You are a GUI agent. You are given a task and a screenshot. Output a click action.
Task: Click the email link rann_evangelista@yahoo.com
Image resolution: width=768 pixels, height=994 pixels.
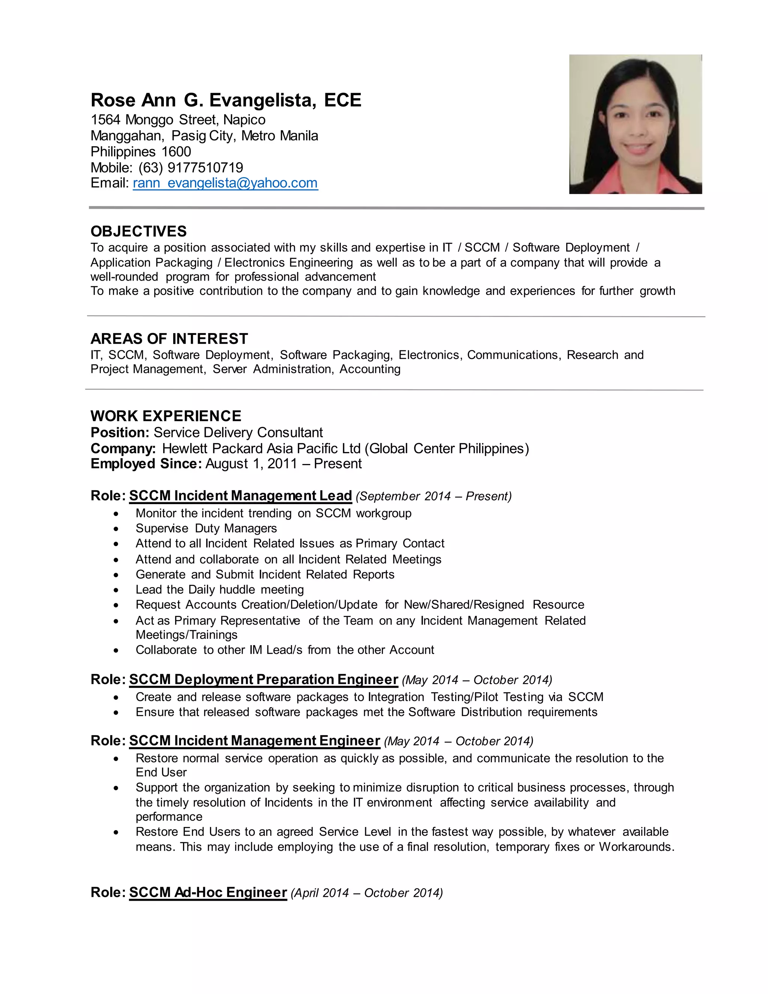(x=225, y=183)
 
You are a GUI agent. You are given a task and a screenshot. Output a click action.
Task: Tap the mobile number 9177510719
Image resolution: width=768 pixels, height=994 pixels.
(x=205, y=168)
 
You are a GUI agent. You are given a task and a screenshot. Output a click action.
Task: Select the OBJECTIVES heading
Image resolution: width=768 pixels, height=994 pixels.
(x=138, y=231)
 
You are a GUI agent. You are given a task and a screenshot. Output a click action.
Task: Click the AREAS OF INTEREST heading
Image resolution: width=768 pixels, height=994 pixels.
(x=169, y=339)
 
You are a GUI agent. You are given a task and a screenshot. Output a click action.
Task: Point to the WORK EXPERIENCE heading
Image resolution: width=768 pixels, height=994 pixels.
(x=166, y=416)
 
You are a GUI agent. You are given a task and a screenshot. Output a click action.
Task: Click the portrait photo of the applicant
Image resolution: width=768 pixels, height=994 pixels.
(x=635, y=124)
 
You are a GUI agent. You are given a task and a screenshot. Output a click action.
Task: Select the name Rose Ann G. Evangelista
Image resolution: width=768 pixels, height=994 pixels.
(x=203, y=100)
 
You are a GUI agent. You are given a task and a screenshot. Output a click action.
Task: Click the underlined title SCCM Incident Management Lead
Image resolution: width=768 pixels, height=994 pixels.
(x=240, y=495)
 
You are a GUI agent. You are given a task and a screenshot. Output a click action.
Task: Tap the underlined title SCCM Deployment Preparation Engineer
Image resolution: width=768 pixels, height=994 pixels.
(x=263, y=680)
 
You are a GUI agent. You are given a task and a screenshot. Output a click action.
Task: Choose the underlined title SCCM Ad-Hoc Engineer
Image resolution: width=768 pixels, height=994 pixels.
(x=208, y=892)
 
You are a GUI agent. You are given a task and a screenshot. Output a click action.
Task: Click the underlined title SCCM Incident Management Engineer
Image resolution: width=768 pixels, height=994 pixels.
(x=254, y=741)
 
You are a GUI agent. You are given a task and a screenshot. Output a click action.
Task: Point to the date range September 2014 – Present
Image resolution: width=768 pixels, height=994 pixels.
(x=433, y=497)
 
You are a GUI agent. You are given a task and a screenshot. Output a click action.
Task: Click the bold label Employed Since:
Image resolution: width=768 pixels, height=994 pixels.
(x=146, y=464)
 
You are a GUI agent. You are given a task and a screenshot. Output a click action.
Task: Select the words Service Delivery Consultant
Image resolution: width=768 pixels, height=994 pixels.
(x=238, y=432)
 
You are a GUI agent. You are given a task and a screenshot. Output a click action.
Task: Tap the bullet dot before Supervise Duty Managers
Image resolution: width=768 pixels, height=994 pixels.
(x=117, y=529)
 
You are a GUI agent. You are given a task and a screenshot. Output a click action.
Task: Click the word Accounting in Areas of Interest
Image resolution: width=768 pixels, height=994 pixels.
(x=370, y=369)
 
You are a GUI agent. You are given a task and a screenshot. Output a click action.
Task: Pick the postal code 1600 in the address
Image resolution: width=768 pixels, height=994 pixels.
(x=176, y=152)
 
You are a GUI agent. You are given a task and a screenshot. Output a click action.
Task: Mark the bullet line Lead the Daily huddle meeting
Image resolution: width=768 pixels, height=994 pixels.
(x=219, y=590)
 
